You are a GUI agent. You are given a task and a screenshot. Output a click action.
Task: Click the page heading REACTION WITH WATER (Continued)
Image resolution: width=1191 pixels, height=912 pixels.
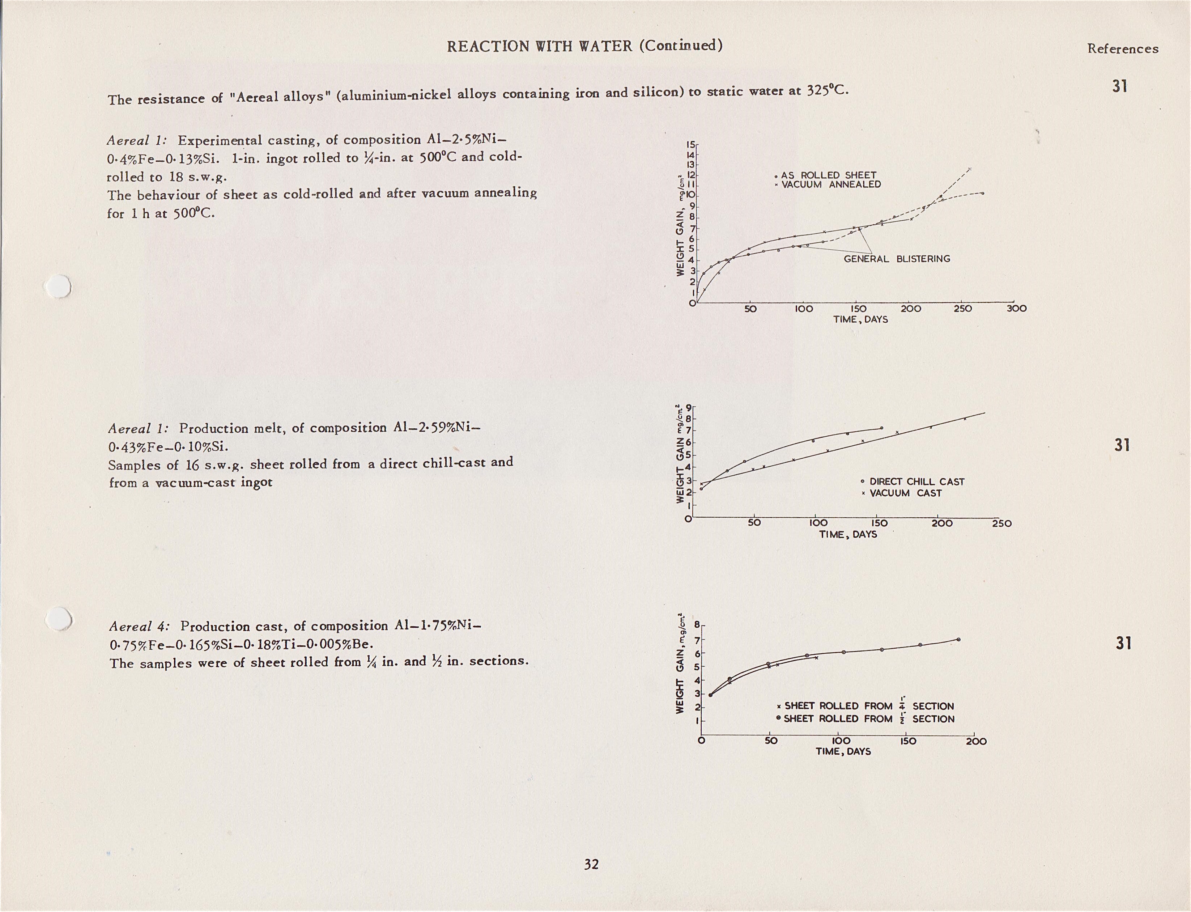584,46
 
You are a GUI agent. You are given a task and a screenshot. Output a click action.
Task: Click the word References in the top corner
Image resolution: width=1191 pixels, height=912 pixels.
1122,49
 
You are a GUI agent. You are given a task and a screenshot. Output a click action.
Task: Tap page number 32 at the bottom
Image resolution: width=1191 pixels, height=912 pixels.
591,864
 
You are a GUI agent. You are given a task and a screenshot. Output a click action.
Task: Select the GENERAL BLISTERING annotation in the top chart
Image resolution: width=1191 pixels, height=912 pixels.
896,259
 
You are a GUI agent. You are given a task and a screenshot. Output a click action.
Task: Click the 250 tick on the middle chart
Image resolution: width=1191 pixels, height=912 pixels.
1001,524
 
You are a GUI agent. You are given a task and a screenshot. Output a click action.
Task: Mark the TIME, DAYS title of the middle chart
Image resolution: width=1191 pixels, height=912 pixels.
847,535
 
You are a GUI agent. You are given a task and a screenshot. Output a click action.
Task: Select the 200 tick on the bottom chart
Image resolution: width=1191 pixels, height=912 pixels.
976,742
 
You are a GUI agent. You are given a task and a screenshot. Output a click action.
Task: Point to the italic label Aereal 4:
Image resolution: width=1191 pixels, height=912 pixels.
139,627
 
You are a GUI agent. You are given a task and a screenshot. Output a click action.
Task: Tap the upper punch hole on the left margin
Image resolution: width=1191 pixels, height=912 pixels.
58,287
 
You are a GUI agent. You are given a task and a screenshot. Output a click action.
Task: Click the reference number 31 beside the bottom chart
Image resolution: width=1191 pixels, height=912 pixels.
1123,643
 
